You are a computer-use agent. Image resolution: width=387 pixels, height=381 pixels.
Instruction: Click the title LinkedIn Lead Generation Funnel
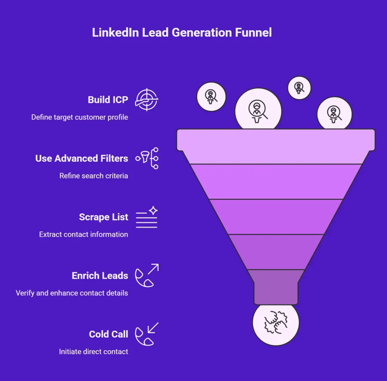click(x=182, y=32)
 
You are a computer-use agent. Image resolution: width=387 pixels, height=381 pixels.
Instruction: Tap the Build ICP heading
click(x=108, y=100)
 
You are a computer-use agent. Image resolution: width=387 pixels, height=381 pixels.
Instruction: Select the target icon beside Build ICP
click(x=147, y=100)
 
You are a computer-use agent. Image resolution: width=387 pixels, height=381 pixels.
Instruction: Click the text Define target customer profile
click(x=79, y=117)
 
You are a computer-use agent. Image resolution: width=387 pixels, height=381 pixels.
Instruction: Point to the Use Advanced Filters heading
click(x=82, y=158)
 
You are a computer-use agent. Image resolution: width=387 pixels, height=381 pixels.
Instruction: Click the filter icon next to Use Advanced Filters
click(x=147, y=158)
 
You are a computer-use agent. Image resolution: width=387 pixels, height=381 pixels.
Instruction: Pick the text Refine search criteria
click(x=94, y=176)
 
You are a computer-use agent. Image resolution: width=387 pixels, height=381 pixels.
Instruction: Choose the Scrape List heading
click(x=104, y=217)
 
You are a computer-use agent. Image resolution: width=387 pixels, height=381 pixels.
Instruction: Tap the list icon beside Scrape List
click(x=147, y=217)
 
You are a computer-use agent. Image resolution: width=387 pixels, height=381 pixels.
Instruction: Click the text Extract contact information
click(x=84, y=234)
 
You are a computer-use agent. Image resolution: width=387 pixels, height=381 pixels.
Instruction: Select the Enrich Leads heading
click(x=100, y=276)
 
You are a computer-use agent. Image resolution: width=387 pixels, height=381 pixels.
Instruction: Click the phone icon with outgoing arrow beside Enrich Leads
click(x=147, y=275)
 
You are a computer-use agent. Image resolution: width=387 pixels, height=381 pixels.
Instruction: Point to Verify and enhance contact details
click(x=72, y=293)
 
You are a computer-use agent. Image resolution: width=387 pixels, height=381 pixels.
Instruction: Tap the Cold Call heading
click(x=108, y=335)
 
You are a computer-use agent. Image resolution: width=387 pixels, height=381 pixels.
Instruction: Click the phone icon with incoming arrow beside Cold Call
click(x=147, y=334)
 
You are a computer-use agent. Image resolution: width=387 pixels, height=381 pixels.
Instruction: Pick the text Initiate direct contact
click(x=93, y=352)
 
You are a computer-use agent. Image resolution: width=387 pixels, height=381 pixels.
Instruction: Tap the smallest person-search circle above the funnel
click(x=299, y=88)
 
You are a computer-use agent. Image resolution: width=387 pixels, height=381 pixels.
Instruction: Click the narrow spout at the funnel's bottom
click(x=276, y=287)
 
